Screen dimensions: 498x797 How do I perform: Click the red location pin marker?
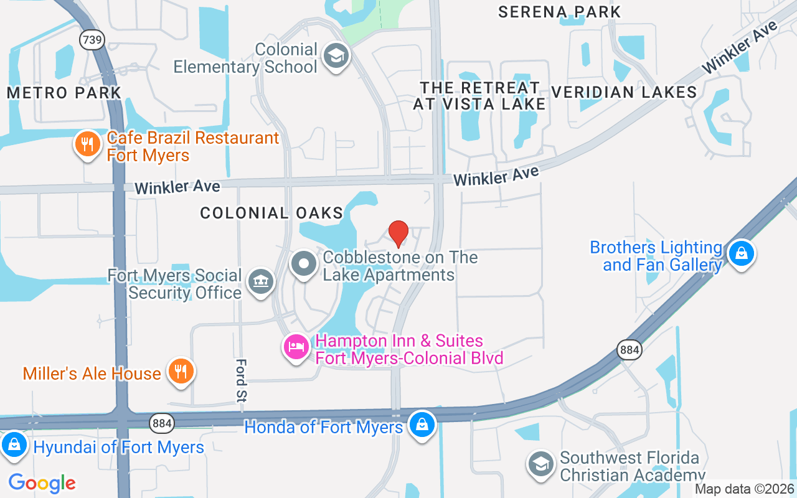pos(398,233)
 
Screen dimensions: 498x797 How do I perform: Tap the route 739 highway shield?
pos(92,40)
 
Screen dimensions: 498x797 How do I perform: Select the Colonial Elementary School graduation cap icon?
pos(336,57)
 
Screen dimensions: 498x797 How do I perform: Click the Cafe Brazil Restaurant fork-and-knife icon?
pos(88,144)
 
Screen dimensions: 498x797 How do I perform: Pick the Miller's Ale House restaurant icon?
pos(181,372)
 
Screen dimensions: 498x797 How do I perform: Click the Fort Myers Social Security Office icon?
pos(261,282)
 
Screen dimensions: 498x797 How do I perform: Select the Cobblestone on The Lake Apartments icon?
pos(304,264)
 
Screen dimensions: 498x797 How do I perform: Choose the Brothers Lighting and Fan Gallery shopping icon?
pos(741,253)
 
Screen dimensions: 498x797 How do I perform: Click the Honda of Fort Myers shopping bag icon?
pos(422,426)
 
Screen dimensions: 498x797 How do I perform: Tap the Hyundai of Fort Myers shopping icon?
pos(13,445)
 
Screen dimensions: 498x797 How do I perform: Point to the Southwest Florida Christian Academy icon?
pos(540,464)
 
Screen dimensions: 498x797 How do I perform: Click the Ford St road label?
pos(242,380)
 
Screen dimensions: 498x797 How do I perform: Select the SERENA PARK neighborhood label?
pos(560,12)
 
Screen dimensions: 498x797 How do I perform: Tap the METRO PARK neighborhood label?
pos(64,93)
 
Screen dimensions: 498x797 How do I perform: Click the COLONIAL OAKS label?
pos(271,213)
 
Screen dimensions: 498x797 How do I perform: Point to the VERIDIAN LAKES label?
pos(624,93)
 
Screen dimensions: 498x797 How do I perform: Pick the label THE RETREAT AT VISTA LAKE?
pos(479,95)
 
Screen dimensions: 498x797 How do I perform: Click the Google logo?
pos(42,482)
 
